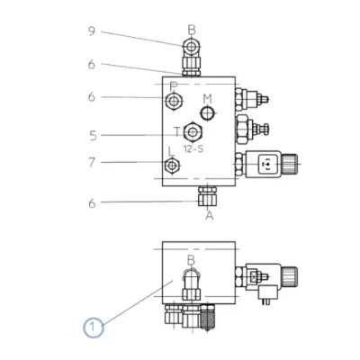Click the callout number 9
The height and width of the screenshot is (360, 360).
tap(92, 31)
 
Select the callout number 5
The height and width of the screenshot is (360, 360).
tap(94, 136)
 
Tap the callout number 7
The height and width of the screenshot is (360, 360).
tap(92, 162)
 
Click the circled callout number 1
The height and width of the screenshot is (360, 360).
tap(94, 327)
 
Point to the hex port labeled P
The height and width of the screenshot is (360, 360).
tap(174, 102)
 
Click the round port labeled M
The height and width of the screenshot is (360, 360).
tap(207, 113)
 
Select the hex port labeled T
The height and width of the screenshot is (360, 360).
tap(193, 131)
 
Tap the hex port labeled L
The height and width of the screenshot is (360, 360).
tap(172, 166)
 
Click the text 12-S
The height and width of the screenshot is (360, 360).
tap(193, 148)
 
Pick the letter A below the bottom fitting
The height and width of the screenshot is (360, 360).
tap(210, 215)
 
